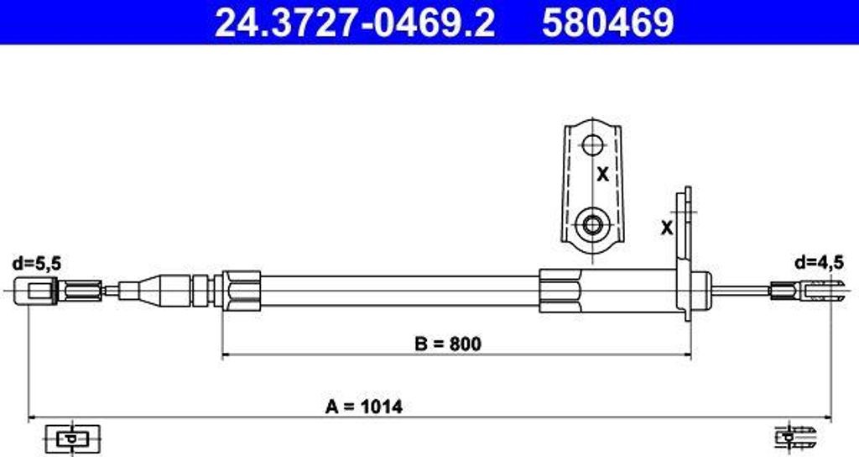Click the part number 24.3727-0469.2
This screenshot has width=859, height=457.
coord(355,22)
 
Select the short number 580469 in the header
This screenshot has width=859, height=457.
coord(607,22)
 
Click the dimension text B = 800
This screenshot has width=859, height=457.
coord(448,344)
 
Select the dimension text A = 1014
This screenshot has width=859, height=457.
coord(364,407)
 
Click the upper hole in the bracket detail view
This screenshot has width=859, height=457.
coord(592,145)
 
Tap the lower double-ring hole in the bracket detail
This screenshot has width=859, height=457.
coord(592,224)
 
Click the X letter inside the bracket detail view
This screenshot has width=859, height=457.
coord(602,175)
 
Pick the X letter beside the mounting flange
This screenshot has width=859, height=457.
coord(667,227)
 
